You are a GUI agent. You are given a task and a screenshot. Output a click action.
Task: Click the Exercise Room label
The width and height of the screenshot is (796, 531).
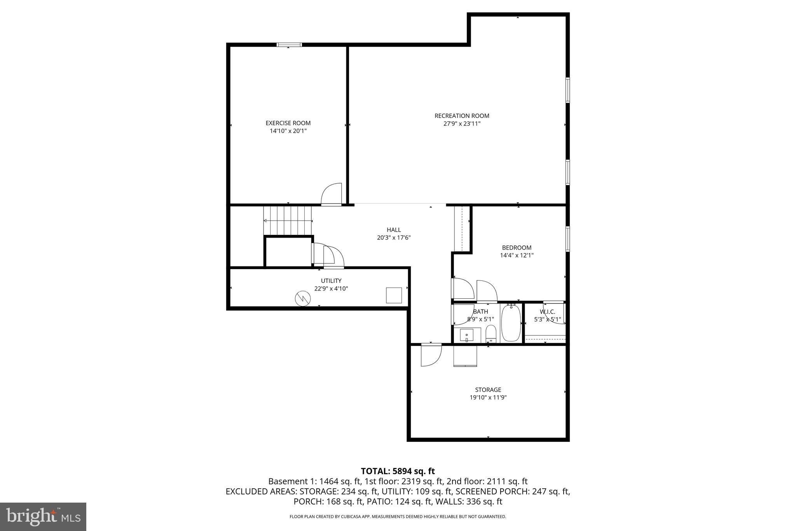coord(288,123)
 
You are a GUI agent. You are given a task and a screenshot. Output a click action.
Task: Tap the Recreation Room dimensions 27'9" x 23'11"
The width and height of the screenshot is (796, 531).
coord(462,124)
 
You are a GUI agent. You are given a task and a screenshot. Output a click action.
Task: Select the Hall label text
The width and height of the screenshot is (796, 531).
coord(394,230)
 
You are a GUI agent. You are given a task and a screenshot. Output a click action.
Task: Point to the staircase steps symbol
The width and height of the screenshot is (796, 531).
coord(288,221)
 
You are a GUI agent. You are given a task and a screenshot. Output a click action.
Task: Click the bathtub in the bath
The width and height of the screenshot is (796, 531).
coord(511,323)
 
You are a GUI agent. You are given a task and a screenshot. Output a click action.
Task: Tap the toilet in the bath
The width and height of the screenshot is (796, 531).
coord(491,334)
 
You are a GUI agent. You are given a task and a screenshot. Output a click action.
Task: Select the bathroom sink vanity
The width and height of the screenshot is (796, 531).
coord(467,335)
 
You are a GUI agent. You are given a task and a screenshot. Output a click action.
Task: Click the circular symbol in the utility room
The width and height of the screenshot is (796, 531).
coord(303,298)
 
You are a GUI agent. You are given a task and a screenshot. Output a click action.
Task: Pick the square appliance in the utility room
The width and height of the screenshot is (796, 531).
coord(394,295)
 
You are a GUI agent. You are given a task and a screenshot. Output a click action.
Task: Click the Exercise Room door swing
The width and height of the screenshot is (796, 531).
coord(332,194)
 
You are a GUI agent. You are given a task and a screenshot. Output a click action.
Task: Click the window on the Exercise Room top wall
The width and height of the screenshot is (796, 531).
coord(289,45)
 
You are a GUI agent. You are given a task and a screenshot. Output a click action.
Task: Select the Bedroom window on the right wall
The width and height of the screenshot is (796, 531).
coord(567,239)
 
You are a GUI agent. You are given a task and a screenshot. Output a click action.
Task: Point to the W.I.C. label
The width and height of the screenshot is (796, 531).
coord(547,312)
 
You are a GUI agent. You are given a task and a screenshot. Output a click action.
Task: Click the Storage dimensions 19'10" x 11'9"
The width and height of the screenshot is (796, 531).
coord(488,398)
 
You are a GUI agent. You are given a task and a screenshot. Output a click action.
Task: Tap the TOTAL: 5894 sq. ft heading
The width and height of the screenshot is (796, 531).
coord(398,471)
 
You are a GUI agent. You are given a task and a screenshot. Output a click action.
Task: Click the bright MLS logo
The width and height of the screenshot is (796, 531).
coord(43,516)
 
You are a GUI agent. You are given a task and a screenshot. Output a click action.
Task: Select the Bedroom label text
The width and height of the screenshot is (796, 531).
coord(517,247)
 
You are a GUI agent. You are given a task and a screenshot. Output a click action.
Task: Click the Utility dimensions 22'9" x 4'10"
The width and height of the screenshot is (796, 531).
coord(331,289)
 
